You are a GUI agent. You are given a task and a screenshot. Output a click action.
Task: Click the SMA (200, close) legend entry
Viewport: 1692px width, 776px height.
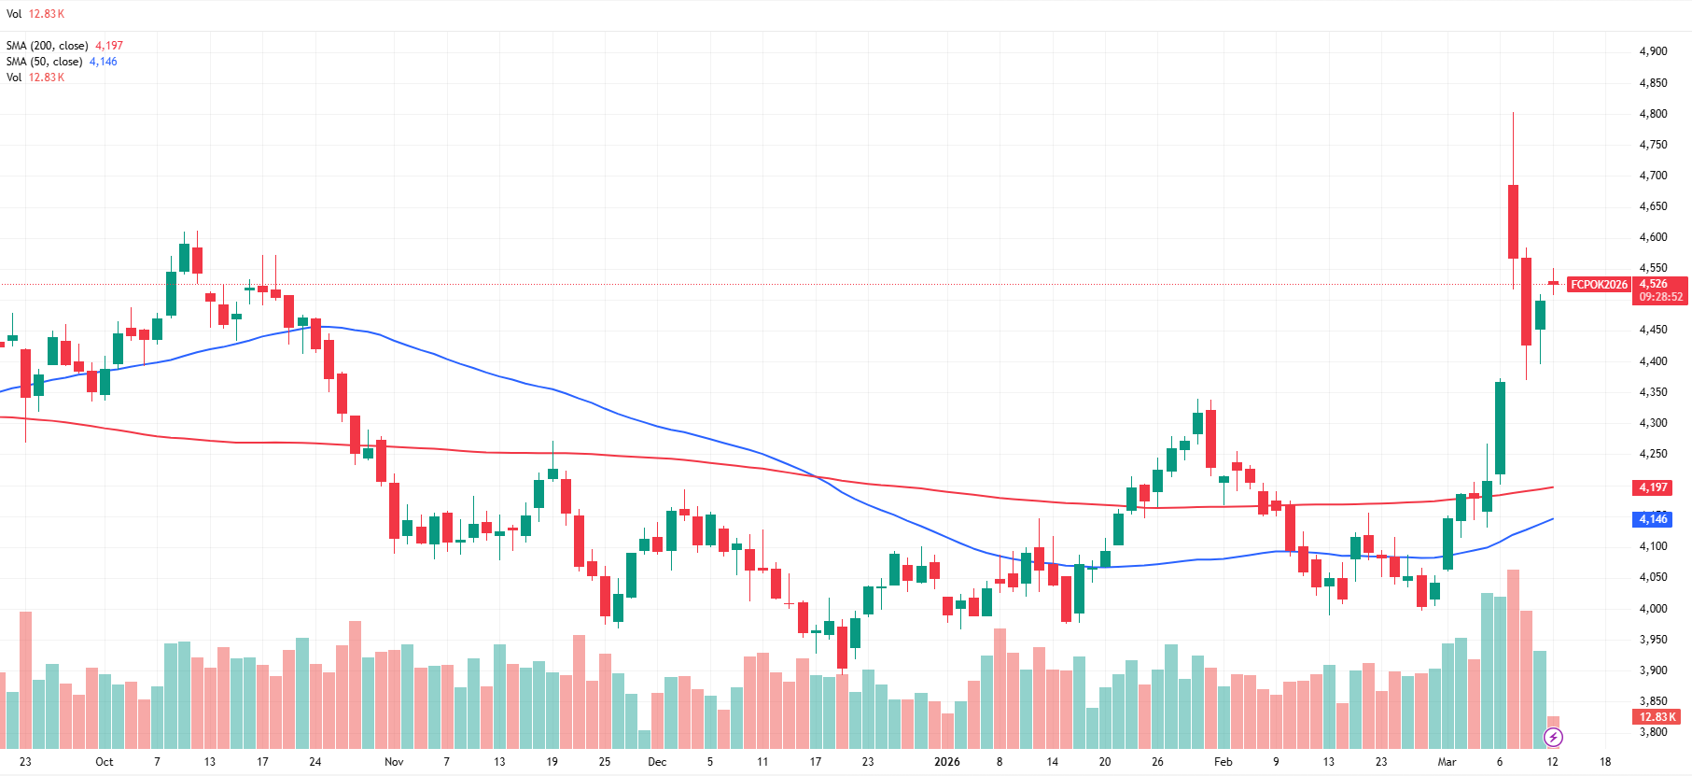(x=47, y=46)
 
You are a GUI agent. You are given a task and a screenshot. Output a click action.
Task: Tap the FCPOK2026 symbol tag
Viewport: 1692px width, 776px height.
(x=1598, y=285)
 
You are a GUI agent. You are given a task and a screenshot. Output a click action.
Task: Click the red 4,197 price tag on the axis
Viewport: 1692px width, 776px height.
(x=1653, y=487)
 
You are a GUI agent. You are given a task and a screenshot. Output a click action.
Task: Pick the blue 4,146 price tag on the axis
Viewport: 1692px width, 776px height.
(x=1653, y=519)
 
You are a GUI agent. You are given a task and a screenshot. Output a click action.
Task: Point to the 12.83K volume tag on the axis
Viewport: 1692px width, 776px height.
(x=1657, y=717)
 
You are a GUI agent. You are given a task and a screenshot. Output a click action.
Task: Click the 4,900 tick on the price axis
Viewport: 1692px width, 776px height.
(x=1653, y=51)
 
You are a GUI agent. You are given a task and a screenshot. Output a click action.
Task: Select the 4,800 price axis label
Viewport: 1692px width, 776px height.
(x=1653, y=114)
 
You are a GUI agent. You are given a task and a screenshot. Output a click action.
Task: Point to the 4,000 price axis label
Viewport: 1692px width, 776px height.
(x=1653, y=609)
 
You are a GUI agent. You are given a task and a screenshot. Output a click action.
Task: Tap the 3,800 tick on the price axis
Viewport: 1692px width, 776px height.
(x=1653, y=732)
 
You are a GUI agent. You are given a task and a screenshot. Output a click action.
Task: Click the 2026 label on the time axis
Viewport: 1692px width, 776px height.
(x=946, y=762)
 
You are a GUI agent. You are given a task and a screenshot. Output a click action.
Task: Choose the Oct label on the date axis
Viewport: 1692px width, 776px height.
(x=105, y=762)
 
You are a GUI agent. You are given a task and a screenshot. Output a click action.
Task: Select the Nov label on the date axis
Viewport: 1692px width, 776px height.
(x=394, y=762)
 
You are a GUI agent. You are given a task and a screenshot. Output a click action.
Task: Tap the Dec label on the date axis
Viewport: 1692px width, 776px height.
(x=657, y=762)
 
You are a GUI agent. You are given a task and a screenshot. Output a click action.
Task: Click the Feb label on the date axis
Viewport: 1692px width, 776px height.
(x=1223, y=762)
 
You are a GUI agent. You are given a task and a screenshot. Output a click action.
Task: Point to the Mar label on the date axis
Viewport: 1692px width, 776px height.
(x=1447, y=762)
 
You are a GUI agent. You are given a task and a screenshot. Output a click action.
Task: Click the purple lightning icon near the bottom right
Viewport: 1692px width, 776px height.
(x=1553, y=738)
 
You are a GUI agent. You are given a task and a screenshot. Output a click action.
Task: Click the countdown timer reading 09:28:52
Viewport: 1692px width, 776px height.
(x=1661, y=297)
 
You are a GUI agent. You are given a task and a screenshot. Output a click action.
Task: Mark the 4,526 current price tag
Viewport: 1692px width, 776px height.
(x=1654, y=284)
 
